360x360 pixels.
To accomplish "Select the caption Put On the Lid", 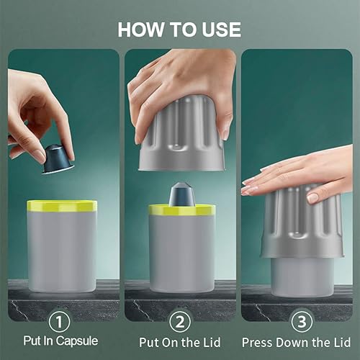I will coord(181,342).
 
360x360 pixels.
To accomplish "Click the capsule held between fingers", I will coord(58,159).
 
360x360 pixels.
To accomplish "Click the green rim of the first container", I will coord(62,206).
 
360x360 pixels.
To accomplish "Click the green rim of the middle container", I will coord(181,210).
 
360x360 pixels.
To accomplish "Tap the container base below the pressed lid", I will coord(301,277).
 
